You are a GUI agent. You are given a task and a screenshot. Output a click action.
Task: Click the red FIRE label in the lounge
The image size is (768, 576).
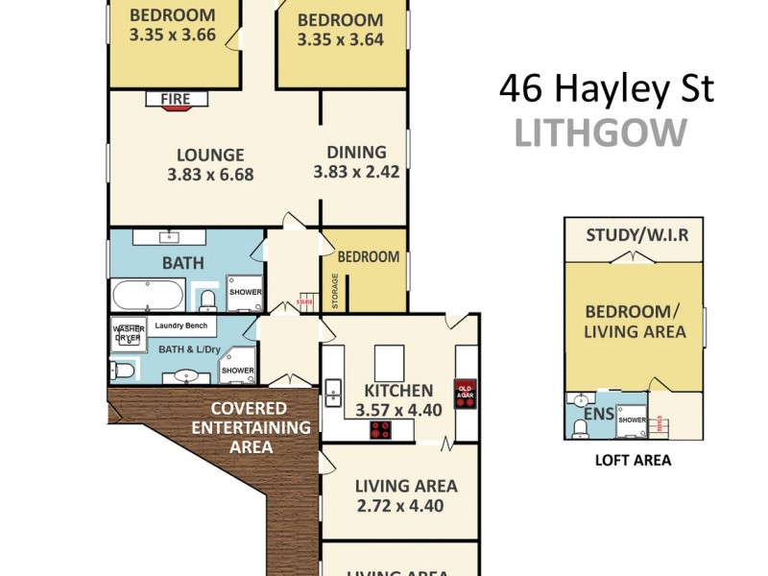[176, 99]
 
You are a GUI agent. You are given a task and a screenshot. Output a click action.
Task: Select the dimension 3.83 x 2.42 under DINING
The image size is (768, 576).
[356, 173]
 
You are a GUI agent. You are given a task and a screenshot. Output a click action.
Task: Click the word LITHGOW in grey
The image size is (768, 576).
[601, 133]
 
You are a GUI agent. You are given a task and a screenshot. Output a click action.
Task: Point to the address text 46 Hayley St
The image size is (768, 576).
[607, 89]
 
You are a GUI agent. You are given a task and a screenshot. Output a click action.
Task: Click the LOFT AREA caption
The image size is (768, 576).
[632, 461]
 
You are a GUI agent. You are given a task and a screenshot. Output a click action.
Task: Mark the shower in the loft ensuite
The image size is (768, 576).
[632, 420]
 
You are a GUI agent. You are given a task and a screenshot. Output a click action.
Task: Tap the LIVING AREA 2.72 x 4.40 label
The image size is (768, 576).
[399, 495]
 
